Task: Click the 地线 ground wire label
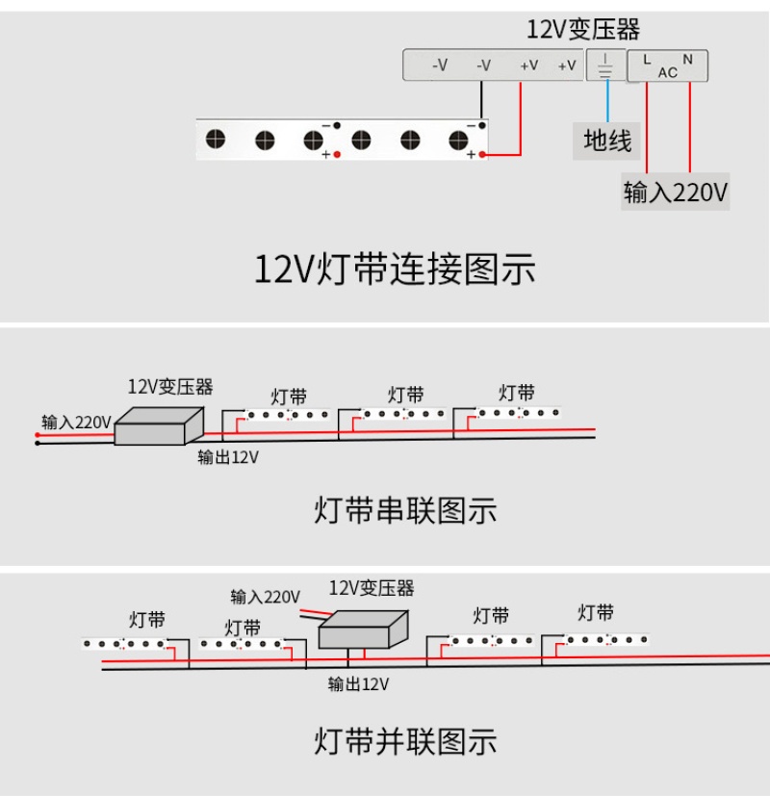(607, 141)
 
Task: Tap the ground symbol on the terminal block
(605, 65)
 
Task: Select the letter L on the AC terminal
(646, 60)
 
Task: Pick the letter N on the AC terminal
(688, 60)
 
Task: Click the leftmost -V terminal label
(440, 65)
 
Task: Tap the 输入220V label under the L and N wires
(675, 193)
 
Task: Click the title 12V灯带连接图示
(395, 270)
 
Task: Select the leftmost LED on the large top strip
(216, 140)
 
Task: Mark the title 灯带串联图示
(405, 509)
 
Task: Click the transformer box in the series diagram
(159, 424)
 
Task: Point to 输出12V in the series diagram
(228, 457)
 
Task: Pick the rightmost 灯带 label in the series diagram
(517, 393)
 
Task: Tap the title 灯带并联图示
(405, 741)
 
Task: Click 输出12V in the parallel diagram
(358, 684)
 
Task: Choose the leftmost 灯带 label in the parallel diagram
(147, 619)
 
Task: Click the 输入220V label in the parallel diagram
(265, 597)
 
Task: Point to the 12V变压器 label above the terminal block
(583, 30)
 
